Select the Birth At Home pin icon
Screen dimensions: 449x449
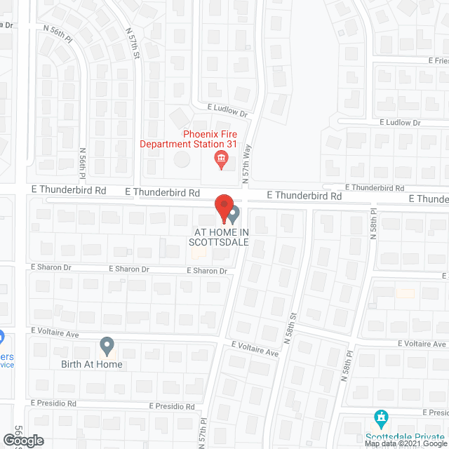click(x=107, y=346)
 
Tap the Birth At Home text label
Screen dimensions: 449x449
click(x=91, y=364)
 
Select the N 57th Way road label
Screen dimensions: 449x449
click(x=246, y=166)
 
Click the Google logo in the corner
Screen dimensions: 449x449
click(x=22, y=441)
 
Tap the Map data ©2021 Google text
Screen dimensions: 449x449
click(x=405, y=443)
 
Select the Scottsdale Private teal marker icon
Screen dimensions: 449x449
click(x=382, y=418)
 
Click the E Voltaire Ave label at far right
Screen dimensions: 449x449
click(x=422, y=344)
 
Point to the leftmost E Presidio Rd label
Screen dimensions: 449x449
click(x=53, y=404)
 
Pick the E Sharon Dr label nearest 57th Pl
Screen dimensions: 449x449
click(x=207, y=271)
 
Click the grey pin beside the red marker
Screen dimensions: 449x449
click(x=234, y=213)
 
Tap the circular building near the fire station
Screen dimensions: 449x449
click(x=182, y=159)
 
